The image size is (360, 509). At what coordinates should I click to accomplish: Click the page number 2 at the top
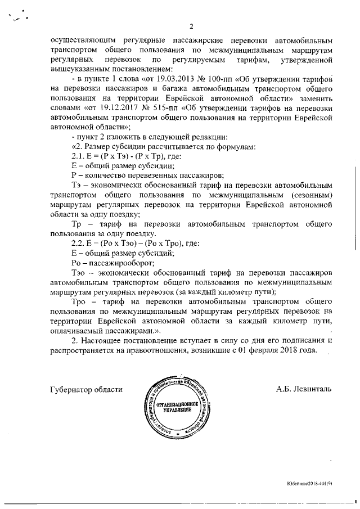point(191,26)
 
